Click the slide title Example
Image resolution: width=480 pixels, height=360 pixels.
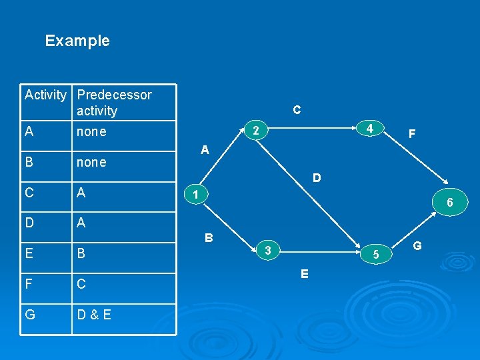pos(77,41)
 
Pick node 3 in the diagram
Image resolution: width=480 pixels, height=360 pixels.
pos(267,250)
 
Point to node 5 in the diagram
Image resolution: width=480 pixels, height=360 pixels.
pos(377,253)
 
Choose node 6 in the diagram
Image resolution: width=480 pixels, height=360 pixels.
pos(450,202)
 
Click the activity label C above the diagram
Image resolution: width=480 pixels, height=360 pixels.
pos(297,109)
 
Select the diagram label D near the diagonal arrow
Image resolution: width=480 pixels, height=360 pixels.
pos(317,178)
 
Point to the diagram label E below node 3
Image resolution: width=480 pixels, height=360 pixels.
pos(304,273)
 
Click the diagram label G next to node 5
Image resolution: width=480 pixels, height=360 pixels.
pos(417,246)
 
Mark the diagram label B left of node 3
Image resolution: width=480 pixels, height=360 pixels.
pos(209,237)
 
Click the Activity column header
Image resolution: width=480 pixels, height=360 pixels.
pos(45,95)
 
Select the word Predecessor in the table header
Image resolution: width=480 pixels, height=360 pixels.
pos(115,95)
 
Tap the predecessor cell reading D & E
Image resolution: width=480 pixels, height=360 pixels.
pos(94,314)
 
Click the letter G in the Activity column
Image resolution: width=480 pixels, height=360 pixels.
pos(29,314)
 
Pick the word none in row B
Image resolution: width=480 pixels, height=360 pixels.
pos(91,162)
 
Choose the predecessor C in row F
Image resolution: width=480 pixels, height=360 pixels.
pos(81,284)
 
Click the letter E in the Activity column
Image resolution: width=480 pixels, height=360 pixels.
pos(29,253)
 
